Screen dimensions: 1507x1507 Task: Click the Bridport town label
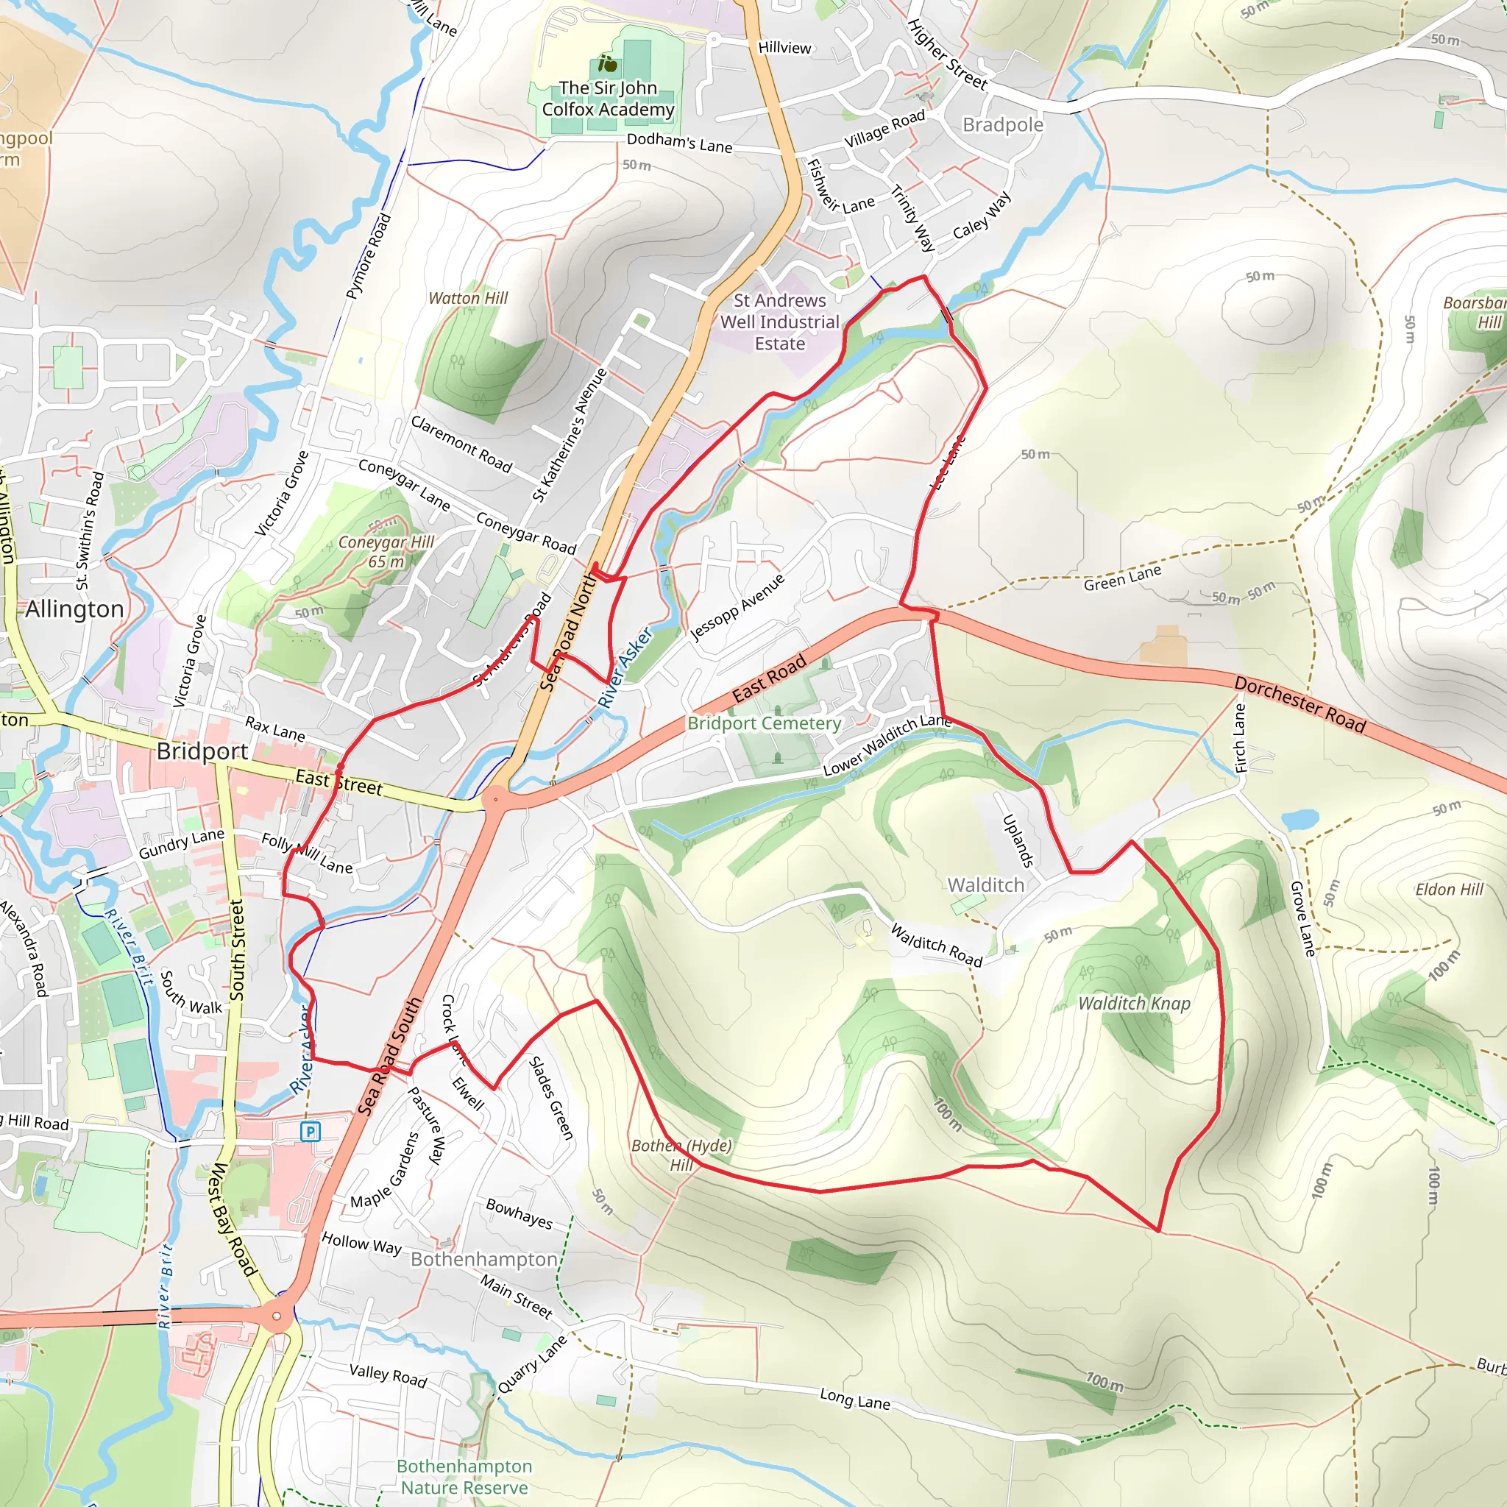(202, 751)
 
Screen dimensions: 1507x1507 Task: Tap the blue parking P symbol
(311, 1131)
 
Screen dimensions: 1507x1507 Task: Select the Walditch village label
(986, 885)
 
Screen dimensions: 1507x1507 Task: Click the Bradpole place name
(1002, 125)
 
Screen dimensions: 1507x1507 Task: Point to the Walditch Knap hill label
(1133, 1004)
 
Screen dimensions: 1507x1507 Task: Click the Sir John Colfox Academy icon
(608, 64)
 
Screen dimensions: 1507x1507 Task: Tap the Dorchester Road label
(1299, 705)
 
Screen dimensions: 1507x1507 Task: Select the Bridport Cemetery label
(764, 723)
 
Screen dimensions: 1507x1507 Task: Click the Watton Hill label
(468, 298)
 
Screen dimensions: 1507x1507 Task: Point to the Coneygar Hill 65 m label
(386, 551)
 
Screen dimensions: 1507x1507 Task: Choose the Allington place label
(75, 609)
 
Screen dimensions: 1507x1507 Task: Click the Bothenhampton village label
(483, 1260)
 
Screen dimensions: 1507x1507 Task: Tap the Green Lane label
(1121, 578)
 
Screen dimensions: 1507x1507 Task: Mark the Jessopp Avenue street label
(737, 607)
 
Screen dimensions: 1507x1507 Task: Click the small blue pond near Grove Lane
(1299, 820)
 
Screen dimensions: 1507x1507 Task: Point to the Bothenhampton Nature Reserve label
(464, 1477)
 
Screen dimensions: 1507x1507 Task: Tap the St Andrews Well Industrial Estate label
(779, 322)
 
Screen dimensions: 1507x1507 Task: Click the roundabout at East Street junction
(494, 800)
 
